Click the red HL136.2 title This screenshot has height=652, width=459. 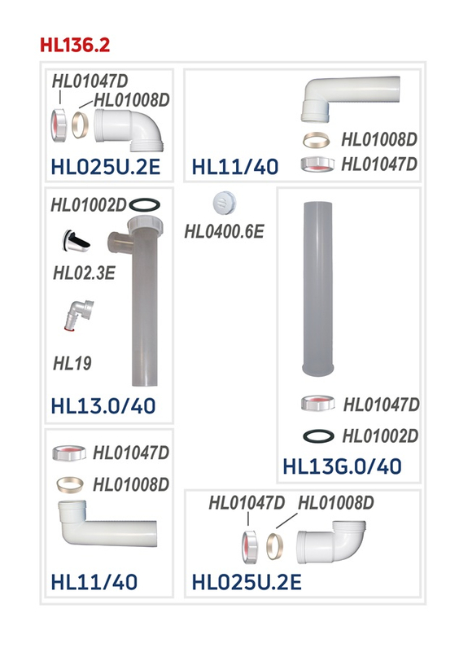click(x=75, y=45)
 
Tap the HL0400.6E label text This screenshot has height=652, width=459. click(x=224, y=232)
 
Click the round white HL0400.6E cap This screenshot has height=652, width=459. click(x=224, y=203)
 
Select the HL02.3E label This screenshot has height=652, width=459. click(x=84, y=273)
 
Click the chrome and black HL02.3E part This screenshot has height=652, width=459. click(x=76, y=241)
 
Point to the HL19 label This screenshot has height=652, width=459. click(x=72, y=363)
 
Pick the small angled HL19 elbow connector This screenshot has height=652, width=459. click(x=79, y=315)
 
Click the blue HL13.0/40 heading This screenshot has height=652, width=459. click(x=103, y=406)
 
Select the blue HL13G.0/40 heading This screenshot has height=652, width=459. click(x=342, y=466)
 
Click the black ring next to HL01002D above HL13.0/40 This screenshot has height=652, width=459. click(x=144, y=204)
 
